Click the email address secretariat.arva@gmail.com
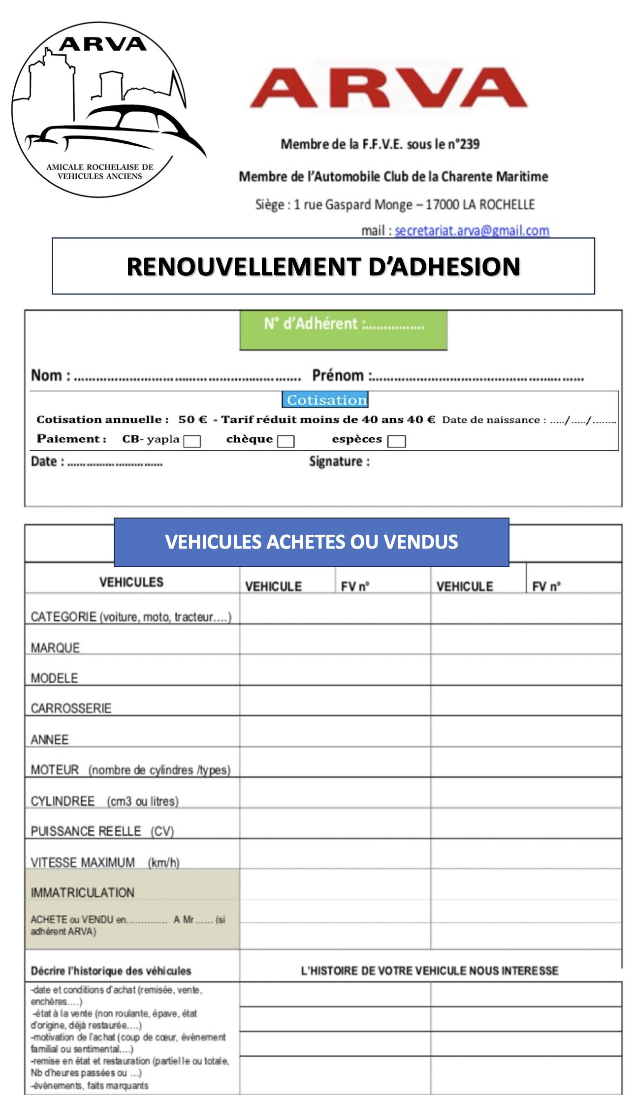[472, 230]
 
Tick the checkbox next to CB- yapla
[191, 441]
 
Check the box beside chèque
[286, 441]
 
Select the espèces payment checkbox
[396, 441]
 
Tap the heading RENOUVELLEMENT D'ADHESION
[323, 266]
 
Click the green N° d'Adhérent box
[344, 329]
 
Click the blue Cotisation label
[325, 400]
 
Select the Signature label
[339, 461]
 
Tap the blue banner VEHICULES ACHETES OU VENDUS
[311, 542]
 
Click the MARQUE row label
[55, 648]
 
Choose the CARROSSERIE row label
[71, 708]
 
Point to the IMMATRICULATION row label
[82, 892]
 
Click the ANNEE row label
[50, 739]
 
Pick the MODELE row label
[54, 678]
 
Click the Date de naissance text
[493, 420]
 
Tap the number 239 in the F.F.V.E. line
[469, 144]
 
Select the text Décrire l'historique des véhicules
[111, 971]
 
